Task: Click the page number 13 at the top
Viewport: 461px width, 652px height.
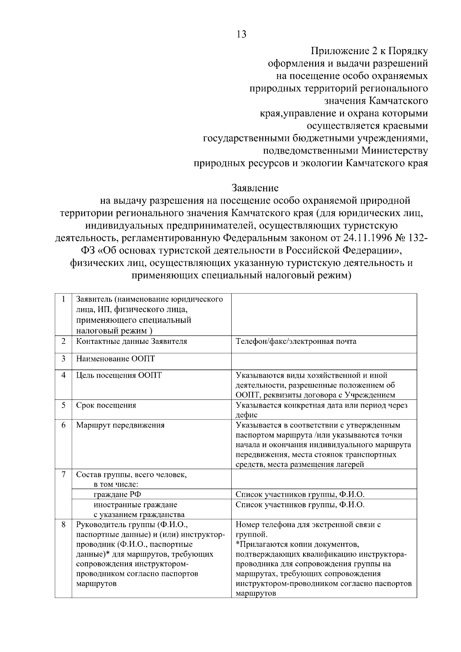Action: (241, 35)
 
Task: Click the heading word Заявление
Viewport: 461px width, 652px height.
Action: (255, 188)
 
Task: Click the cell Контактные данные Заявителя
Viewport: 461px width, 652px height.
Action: (131, 341)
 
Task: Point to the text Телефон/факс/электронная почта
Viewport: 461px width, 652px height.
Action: (296, 341)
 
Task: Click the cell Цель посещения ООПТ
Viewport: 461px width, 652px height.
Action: (119, 375)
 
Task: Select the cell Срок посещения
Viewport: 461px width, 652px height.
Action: (106, 405)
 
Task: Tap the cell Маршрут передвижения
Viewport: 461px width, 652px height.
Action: (120, 425)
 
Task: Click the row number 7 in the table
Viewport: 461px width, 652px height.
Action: (63, 474)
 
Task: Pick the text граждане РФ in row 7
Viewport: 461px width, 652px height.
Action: (114, 494)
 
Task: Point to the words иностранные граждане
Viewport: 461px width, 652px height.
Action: (135, 504)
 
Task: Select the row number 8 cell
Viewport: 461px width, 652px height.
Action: (63, 524)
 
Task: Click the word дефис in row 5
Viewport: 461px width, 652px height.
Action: (246, 415)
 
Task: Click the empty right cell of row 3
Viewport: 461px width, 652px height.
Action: (324, 362)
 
